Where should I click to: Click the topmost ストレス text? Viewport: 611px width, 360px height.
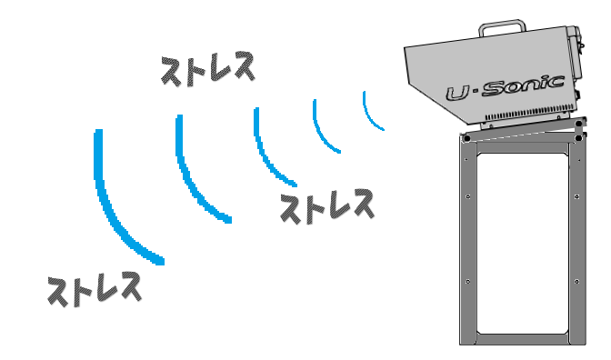pyautogui.click(x=207, y=69)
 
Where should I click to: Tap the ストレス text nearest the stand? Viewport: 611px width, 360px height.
pyautogui.click(x=327, y=206)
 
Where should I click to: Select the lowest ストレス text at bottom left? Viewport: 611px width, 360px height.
pyautogui.click(x=95, y=289)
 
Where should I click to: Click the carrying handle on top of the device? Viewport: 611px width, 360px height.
pyautogui.click(x=502, y=27)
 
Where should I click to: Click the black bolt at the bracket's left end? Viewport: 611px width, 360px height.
pyautogui.click(x=466, y=139)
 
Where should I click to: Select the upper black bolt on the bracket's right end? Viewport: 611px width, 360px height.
pyautogui.click(x=579, y=124)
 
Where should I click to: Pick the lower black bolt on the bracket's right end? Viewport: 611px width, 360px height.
pyautogui.click(x=579, y=138)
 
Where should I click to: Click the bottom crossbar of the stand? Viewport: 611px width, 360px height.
pyautogui.click(x=523, y=339)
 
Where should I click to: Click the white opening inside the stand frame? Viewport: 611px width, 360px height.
pyautogui.click(x=523, y=244)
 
